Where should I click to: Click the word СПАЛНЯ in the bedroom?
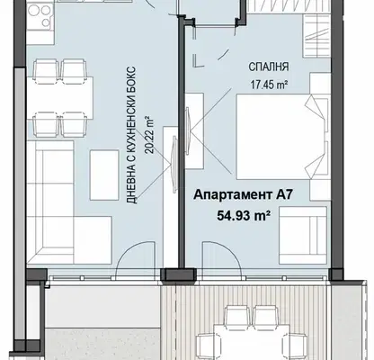(x=269, y=67)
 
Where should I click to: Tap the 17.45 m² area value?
(x=269, y=85)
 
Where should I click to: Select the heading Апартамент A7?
(x=243, y=194)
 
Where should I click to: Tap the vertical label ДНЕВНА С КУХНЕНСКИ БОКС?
(x=132, y=135)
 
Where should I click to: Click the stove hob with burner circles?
(x=39, y=16)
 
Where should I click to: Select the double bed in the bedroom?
(x=281, y=138)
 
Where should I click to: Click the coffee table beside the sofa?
(x=104, y=175)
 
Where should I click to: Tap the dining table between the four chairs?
(x=60, y=98)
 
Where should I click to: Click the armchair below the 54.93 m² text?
(x=303, y=236)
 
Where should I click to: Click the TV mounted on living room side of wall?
(x=174, y=164)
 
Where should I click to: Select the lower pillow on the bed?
(x=315, y=160)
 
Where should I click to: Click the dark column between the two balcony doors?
(x=179, y=274)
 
